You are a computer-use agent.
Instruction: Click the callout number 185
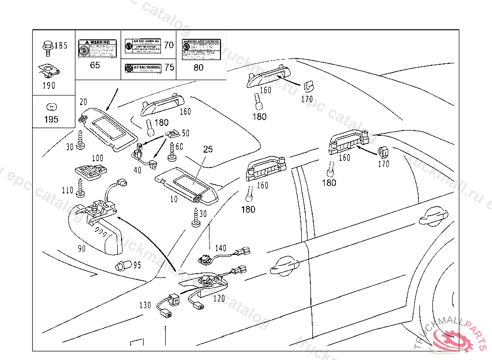pos(61,46)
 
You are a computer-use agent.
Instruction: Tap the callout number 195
pos(51,120)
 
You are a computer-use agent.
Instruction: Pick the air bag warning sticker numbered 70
pos(142,46)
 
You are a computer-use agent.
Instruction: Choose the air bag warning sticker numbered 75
pos(143,68)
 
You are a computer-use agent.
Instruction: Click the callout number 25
pos(208,149)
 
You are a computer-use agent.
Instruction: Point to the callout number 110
pos(68,191)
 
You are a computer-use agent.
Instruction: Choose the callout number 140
pos(220,248)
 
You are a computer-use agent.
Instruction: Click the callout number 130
pos(145,305)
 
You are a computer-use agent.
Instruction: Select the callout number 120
pos(219,298)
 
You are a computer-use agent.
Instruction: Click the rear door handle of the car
pos(433,218)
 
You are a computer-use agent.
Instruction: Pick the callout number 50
pos(185,132)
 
